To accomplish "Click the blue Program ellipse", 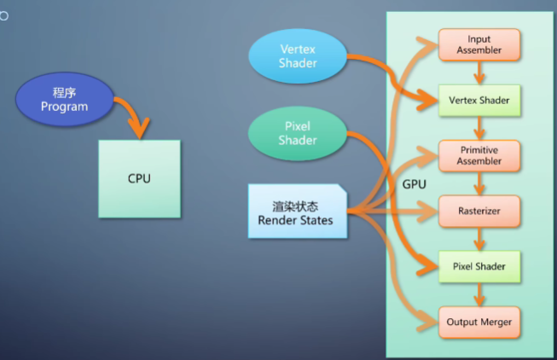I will (x=65, y=100).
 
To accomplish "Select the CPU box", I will (x=139, y=178).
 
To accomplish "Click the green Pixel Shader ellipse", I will (x=298, y=133).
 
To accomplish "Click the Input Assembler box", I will (x=479, y=44).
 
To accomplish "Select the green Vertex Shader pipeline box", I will (x=479, y=101).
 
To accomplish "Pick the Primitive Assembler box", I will (x=479, y=155).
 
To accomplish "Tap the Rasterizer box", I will (x=479, y=211).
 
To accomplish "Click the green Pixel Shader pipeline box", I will (x=479, y=266).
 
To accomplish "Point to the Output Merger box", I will (x=479, y=322).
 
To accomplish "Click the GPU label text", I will (x=415, y=184).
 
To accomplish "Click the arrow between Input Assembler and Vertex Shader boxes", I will (x=479, y=73).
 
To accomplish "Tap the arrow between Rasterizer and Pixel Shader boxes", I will (x=479, y=239).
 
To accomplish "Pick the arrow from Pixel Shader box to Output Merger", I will (x=479, y=294).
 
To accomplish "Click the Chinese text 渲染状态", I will (x=297, y=205).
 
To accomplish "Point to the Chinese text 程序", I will (x=65, y=92).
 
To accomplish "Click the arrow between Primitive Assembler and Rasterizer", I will (x=479, y=183).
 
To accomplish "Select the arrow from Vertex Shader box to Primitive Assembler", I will (x=479, y=128).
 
